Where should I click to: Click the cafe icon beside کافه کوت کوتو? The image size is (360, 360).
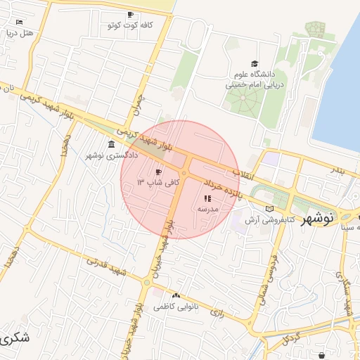tap(130, 15)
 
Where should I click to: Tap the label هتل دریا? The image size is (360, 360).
tap(18, 32)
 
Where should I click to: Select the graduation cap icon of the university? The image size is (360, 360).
tap(254, 63)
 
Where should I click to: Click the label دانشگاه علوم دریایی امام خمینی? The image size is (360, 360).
tap(254, 78)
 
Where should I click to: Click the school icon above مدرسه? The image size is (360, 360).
tap(207, 199)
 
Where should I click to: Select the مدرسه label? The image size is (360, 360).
tap(208, 210)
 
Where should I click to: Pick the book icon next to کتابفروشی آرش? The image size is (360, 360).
tap(271, 209)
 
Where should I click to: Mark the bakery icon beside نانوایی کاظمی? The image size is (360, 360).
tap(176, 296)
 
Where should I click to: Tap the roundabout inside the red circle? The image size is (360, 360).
tap(184, 172)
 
